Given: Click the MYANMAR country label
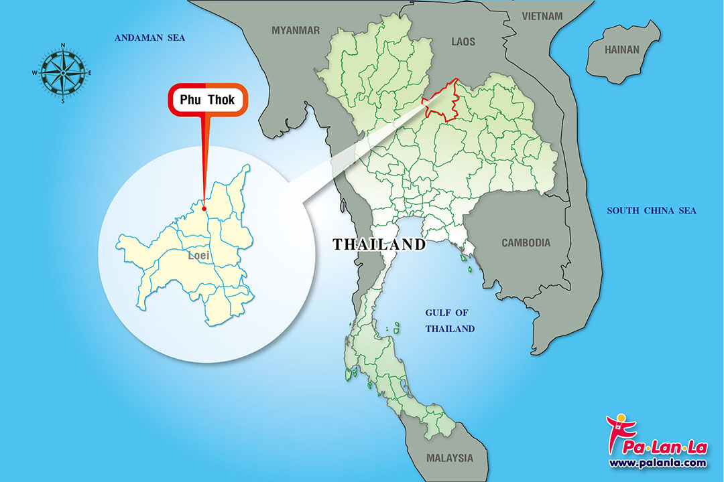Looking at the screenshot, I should click(296, 30).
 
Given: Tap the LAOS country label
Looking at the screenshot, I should click(463, 42).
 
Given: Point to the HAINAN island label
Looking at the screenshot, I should click(622, 50).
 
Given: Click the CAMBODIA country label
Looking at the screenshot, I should click(526, 243).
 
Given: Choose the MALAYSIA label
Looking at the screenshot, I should click(449, 459).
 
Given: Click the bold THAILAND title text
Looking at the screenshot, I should click(379, 244).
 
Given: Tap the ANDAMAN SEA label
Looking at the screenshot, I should click(149, 38).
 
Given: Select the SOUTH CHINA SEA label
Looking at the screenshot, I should click(652, 211).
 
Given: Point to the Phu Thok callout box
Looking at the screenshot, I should click(207, 100).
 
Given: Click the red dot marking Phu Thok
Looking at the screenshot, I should click(204, 208).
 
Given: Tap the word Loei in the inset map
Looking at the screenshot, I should click(198, 256).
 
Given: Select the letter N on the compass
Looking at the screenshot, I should click(63, 46).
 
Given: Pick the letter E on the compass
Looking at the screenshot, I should click(90, 72).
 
